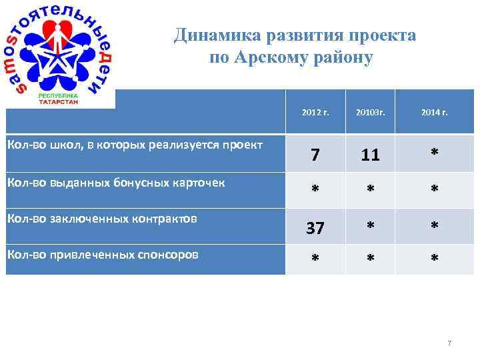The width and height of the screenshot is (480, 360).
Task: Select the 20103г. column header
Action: (371, 113)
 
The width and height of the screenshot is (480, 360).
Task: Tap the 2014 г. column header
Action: (435, 113)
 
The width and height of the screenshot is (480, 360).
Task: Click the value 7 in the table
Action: (315, 155)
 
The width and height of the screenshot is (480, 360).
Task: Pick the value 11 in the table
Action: (371, 155)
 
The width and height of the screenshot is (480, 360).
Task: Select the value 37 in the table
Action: (315, 228)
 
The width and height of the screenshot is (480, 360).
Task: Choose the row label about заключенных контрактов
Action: (101, 217)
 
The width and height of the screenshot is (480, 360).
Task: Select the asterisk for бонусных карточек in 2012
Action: (315, 190)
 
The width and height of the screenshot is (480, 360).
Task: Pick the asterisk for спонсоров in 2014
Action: (434, 256)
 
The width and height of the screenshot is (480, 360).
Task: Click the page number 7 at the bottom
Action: (449, 343)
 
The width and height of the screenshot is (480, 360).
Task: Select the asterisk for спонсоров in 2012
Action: (315, 256)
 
